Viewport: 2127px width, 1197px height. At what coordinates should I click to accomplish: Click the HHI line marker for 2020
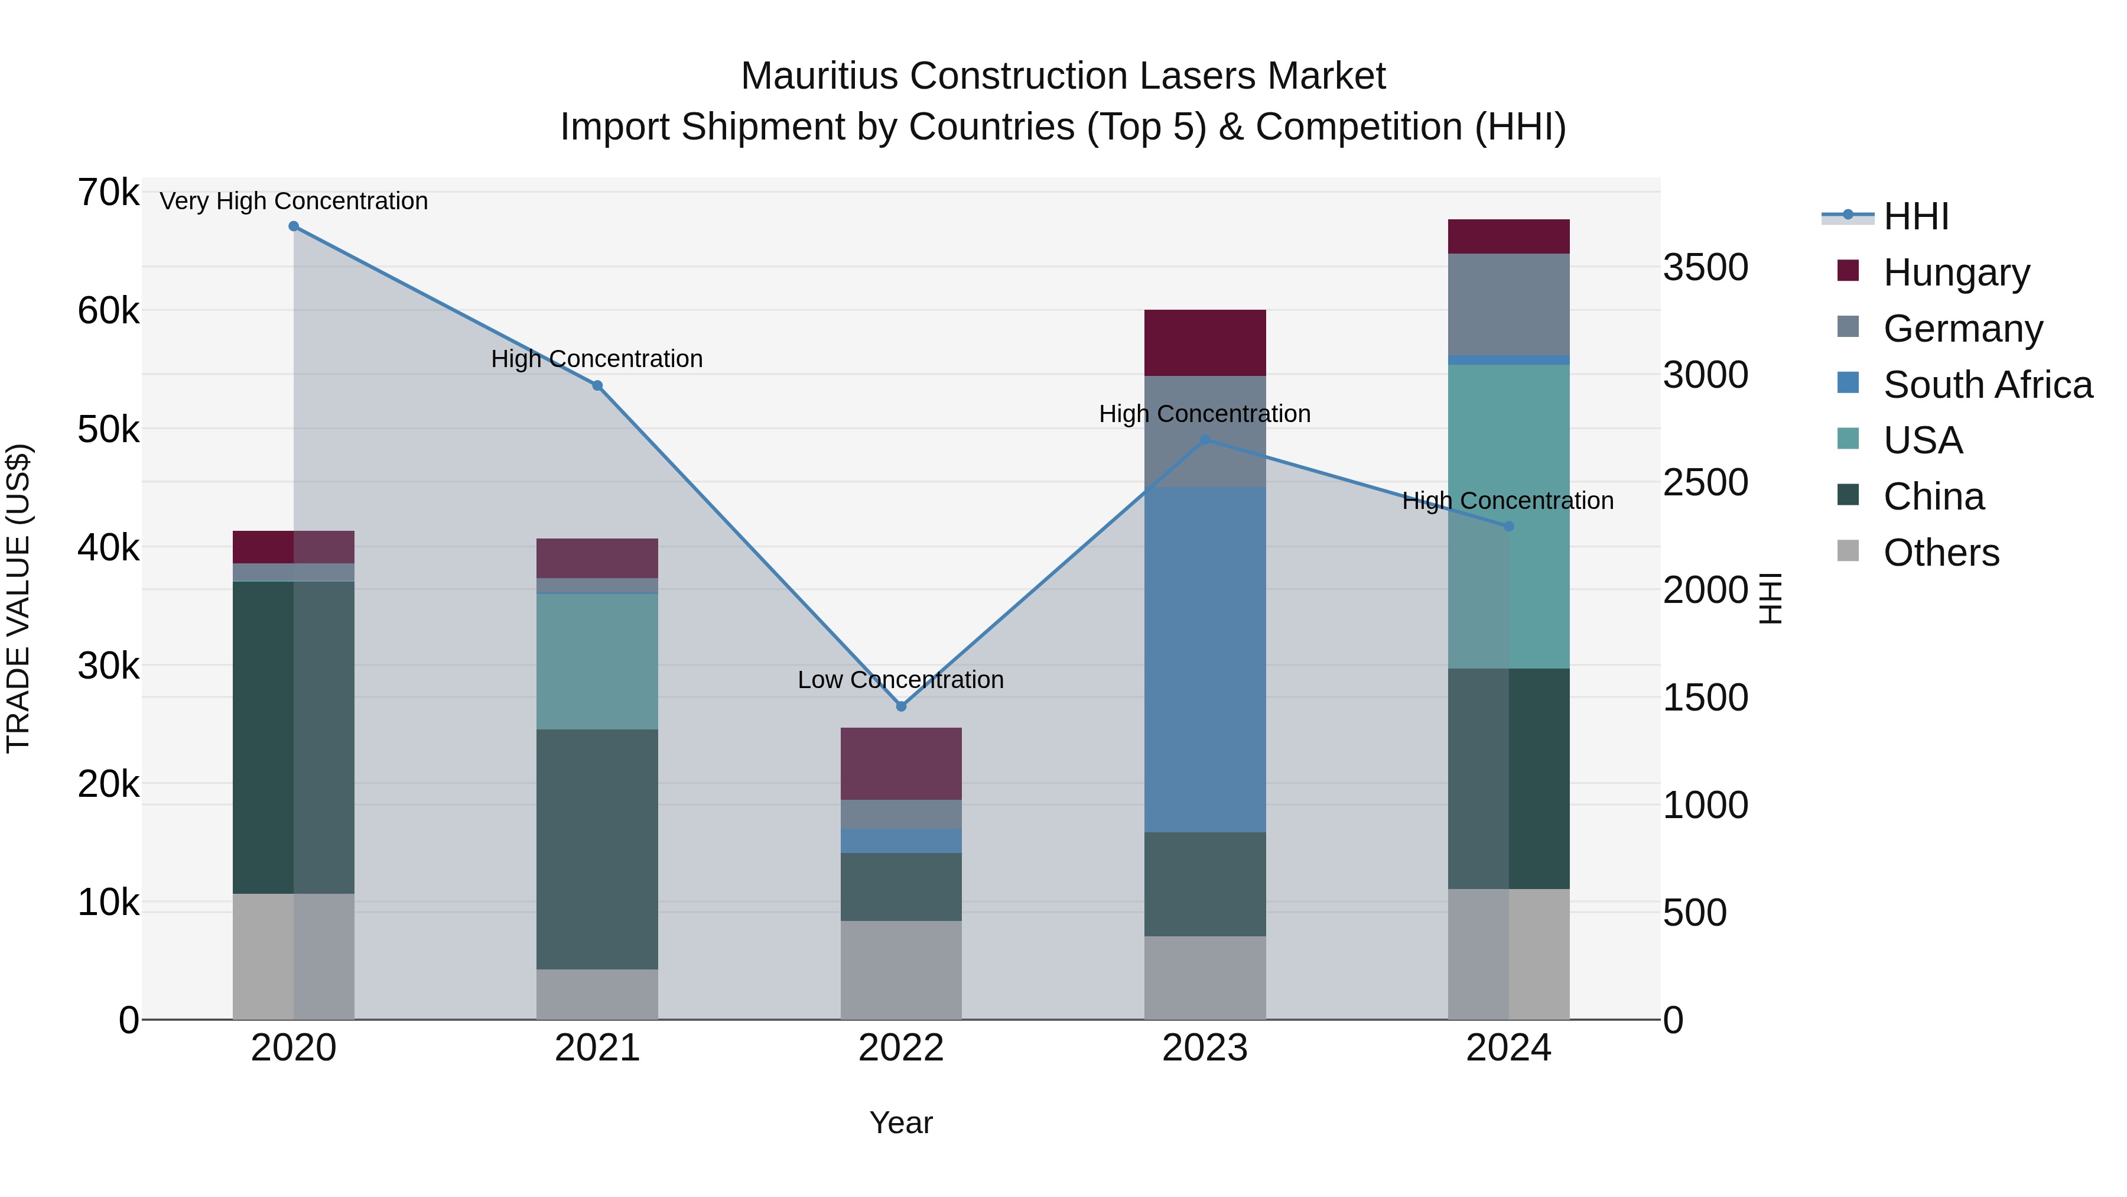coord(294,226)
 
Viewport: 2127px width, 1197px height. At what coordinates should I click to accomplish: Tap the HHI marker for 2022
coord(901,706)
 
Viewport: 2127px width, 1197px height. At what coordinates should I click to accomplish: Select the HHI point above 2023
coord(1205,440)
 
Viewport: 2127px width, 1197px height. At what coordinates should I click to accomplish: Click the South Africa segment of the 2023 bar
coord(1205,659)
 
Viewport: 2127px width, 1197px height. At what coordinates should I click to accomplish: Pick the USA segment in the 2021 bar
coord(597,661)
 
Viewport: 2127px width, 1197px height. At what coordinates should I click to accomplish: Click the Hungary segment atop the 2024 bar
coord(1508,236)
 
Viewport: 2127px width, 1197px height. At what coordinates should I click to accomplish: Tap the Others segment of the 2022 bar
coord(901,970)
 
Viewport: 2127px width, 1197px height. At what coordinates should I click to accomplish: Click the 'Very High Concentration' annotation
coord(294,201)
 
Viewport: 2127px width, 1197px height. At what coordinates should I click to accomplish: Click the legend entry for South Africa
coord(1988,385)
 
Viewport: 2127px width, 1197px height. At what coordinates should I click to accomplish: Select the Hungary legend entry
coord(1956,273)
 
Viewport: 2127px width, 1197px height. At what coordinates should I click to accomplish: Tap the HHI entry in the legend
coord(1915,216)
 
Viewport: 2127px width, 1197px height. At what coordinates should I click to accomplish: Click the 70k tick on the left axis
coord(108,193)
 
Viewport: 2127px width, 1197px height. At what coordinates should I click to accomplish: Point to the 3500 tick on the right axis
coord(1706,268)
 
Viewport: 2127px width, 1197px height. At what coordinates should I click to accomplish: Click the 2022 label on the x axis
coord(901,1048)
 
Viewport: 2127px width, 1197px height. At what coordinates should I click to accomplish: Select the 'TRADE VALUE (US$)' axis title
coord(18,598)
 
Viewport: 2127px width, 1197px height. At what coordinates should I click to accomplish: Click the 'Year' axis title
coord(901,1123)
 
